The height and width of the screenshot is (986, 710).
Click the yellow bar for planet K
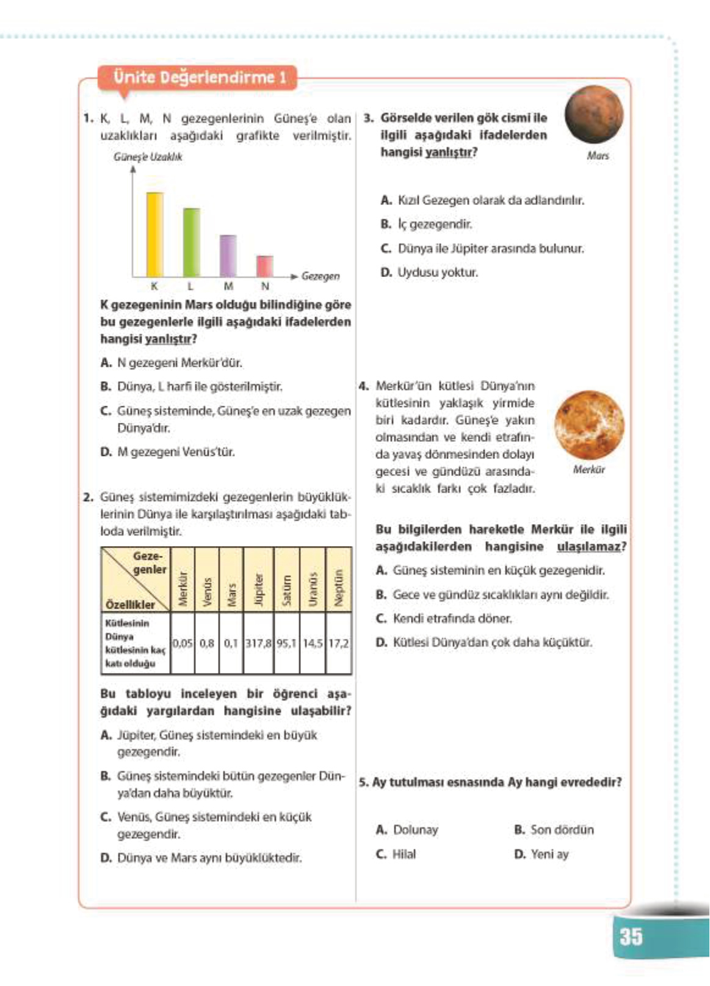(x=154, y=235)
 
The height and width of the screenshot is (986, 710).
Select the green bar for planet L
(x=191, y=243)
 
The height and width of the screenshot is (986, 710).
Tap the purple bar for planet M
(x=228, y=256)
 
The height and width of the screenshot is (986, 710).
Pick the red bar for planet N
(x=264, y=266)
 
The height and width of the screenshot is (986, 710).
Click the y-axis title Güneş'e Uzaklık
(x=148, y=157)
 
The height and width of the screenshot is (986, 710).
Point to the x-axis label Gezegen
(x=321, y=276)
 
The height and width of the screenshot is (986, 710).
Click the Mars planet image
(x=594, y=115)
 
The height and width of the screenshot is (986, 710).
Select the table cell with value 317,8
(x=259, y=643)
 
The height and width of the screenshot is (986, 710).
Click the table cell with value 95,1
(x=287, y=643)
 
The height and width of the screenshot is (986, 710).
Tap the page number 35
(x=631, y=936)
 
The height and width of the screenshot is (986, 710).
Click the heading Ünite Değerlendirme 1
(x=200, y=77)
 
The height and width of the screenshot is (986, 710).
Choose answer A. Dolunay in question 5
(x=407, y=830)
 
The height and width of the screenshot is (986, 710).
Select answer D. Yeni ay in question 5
(x=542, y=854)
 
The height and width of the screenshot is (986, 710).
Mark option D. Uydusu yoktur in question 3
(x=429, y=272)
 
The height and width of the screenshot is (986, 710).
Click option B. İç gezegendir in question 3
(x=426, y=224)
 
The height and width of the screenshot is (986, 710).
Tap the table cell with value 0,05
(x=183, y=643)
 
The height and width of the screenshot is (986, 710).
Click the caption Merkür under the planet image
(x=589, y=469)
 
